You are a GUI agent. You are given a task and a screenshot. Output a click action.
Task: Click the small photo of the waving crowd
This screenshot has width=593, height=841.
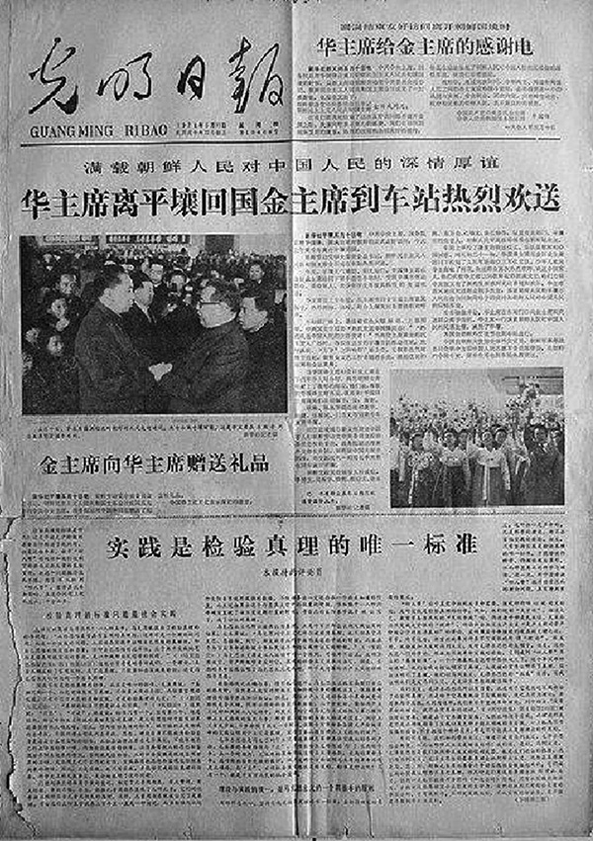[476, 438]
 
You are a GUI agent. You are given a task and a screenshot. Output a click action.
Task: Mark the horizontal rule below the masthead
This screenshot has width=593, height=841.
[296, 138]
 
